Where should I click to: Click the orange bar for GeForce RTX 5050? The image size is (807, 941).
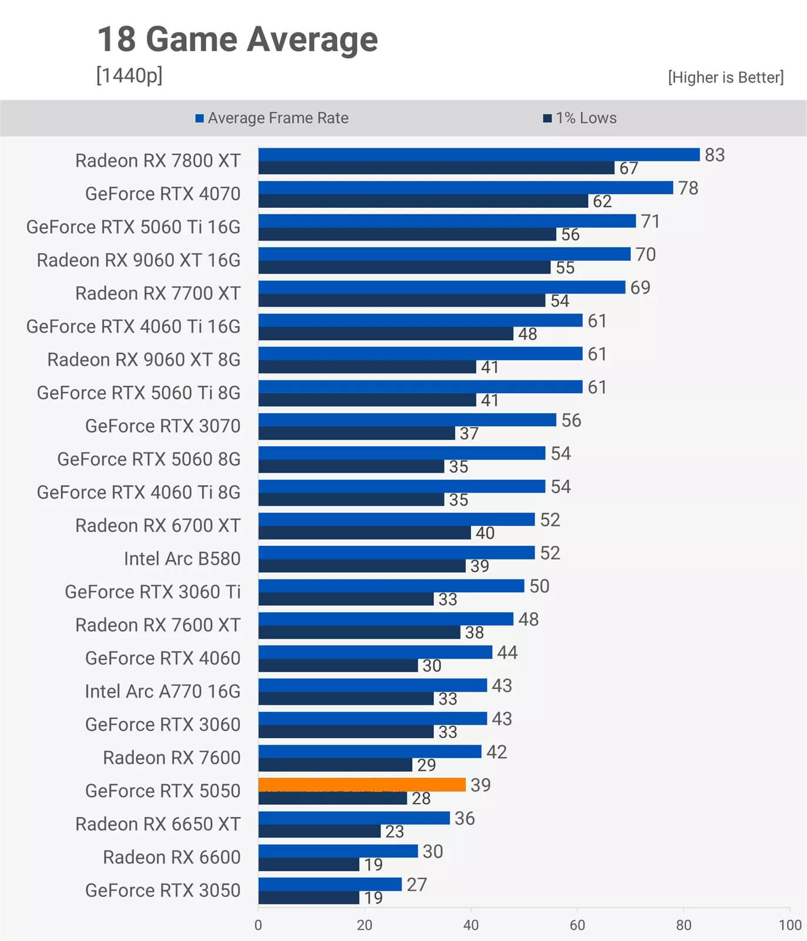(x=362, y=784)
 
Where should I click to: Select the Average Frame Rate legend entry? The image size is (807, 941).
(x=272, y=118)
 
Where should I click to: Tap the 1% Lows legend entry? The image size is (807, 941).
(x=580, y=118)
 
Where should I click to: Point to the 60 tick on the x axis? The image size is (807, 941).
(x=577, y=925)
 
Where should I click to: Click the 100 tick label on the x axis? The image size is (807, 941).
(x=790, y=925)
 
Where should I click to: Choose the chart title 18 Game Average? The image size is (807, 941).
(x=237, y=39)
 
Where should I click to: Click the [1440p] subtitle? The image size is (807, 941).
(x=129, y=75)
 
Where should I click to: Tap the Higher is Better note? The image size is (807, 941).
(x=725, y=77)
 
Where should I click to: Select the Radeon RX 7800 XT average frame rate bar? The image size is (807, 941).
(x=479, y=154)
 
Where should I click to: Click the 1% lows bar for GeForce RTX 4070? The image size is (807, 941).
(x=423, y=201)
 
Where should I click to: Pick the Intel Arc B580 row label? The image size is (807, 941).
(x=182, y=558)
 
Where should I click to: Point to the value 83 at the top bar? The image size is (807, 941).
(x=715, y=155)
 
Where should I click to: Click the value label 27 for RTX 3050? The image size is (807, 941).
(x=416, y=885)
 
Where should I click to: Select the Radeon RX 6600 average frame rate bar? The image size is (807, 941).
(x=338, y=851)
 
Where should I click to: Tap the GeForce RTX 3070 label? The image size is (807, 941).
(x=163, y=426)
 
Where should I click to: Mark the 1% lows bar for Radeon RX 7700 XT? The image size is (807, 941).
(x=402, y=301)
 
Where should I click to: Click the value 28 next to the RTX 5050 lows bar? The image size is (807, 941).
(x=421, y=798)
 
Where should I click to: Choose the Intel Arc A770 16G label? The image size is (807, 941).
(x=163, y=691)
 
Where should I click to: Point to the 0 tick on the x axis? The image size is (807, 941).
(x=258, y=925)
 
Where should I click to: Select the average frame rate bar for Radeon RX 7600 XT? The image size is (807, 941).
(x=386, y=619)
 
